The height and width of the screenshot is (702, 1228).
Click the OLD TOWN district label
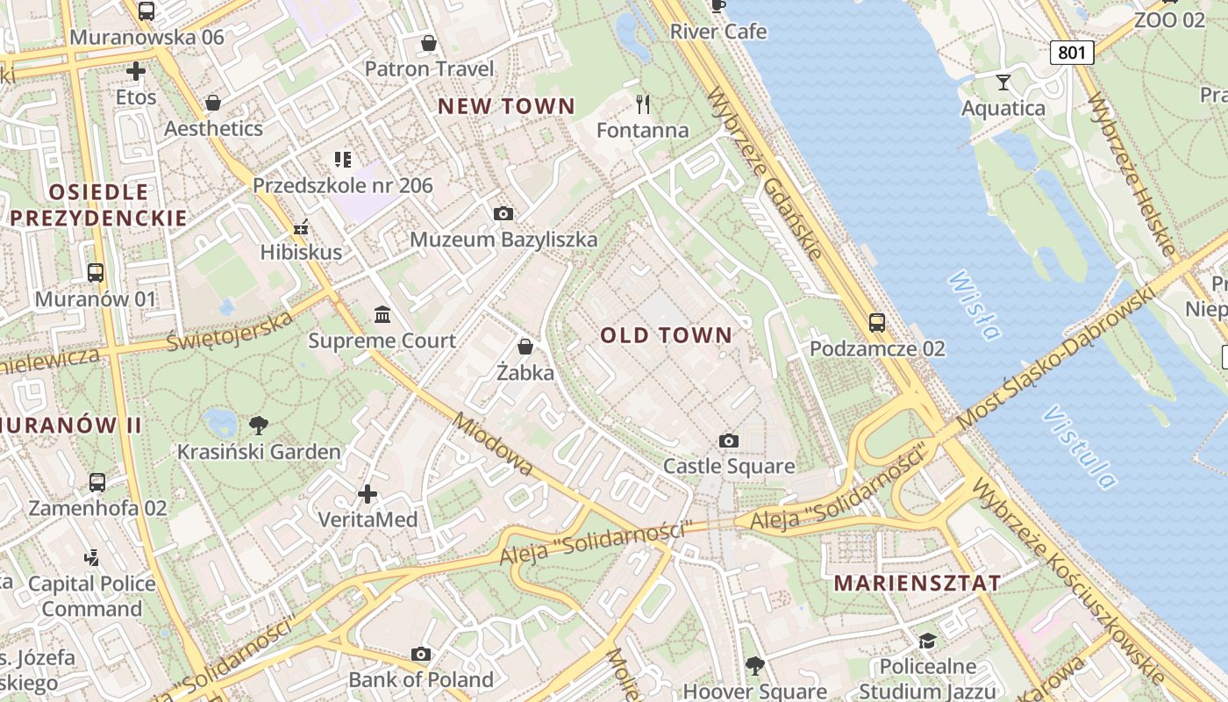[666, 335]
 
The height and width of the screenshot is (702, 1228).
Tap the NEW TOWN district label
[506, 106]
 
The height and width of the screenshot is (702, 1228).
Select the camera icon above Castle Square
[728, 441]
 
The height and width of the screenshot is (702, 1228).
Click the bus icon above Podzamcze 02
[876, 323]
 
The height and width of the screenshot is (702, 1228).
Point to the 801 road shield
[1071, 53]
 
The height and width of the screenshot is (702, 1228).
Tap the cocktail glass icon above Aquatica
[1003, 82]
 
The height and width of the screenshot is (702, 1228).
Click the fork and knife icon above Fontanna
[643, 104]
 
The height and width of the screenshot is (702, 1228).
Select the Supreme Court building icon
[382, 314]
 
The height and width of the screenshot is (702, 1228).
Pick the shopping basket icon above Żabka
[525, 347]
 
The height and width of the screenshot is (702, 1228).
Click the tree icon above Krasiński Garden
[258, 426]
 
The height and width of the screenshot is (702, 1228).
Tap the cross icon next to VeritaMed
[368, 494]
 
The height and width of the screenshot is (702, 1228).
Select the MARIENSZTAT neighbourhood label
[917, 584]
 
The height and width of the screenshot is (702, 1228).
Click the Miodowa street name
[492, 445]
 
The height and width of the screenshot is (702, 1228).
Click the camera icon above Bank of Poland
[421, 654]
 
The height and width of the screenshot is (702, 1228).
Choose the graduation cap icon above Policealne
[927, 641]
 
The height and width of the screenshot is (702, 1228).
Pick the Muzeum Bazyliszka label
[503, 240]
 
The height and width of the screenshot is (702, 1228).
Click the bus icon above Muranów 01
[96, 273]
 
